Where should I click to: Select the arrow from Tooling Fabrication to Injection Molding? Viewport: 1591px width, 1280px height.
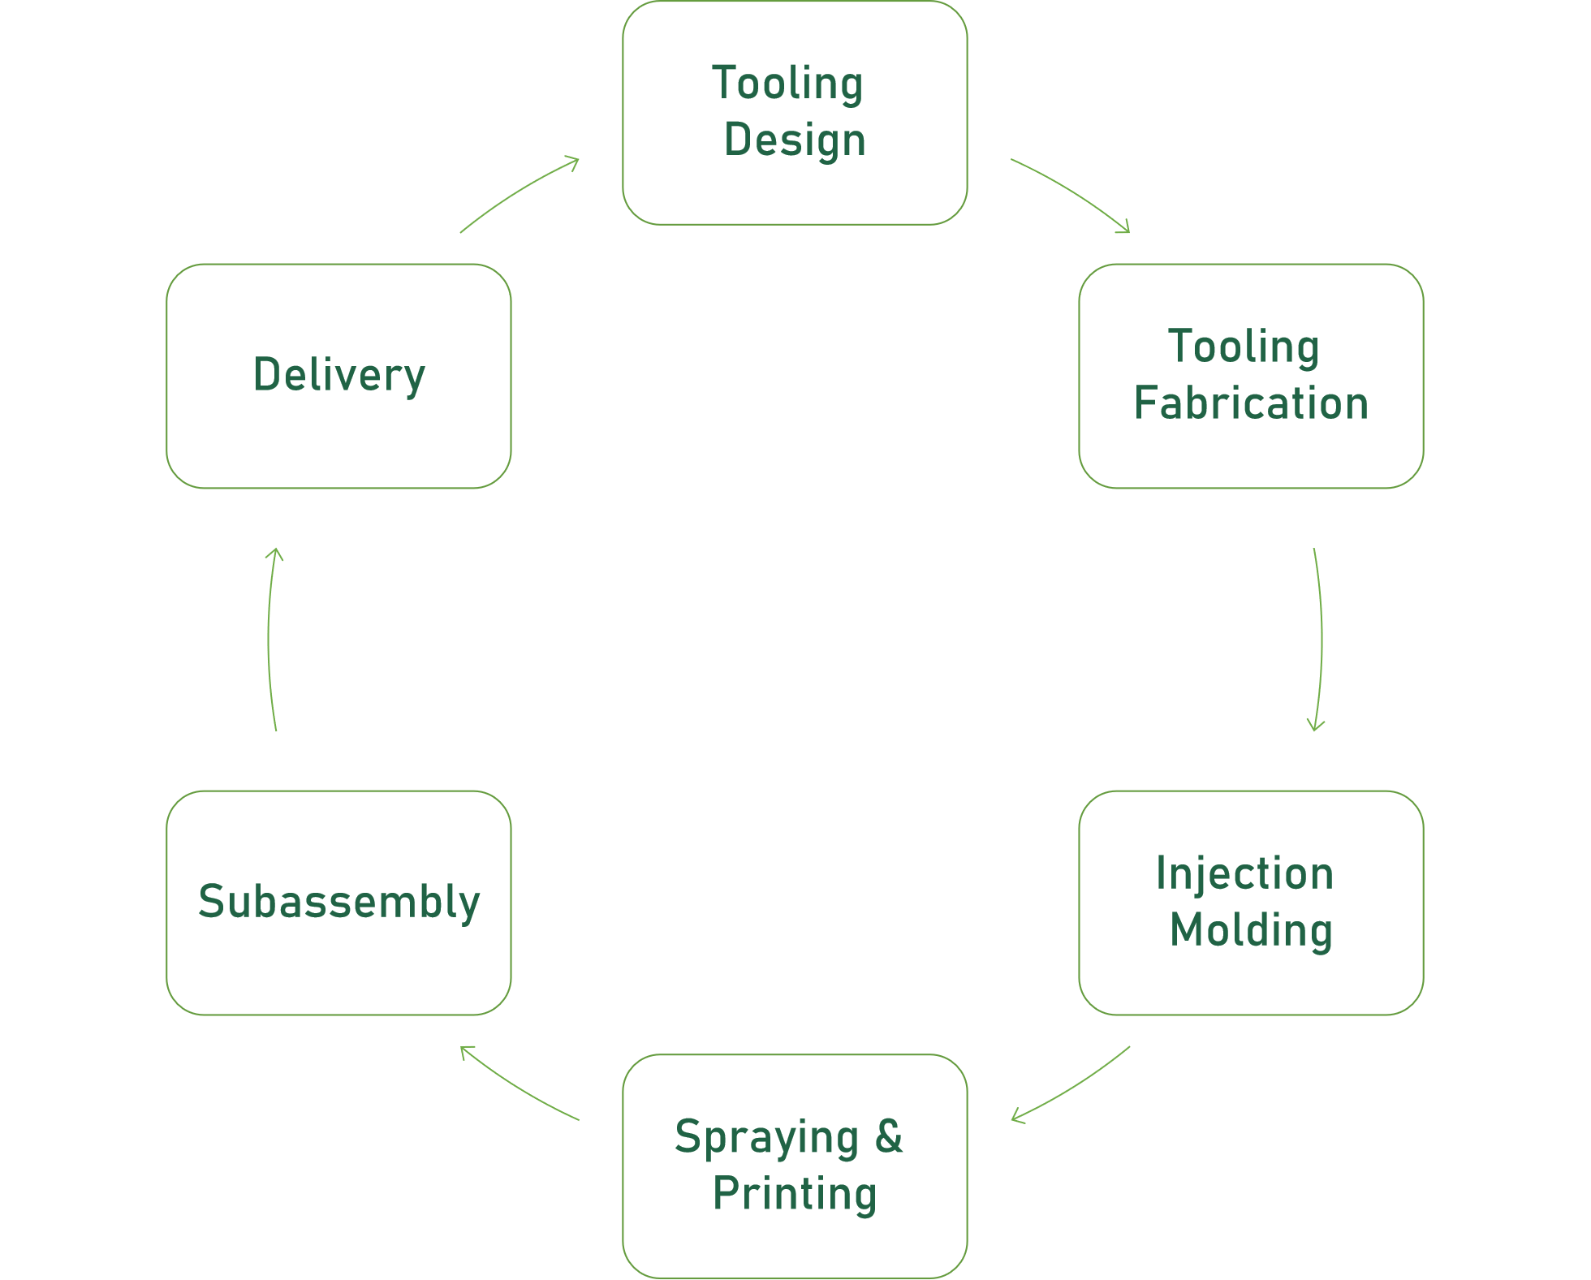(1321, 640)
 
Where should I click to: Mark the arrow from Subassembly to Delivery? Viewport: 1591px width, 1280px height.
(269, 640)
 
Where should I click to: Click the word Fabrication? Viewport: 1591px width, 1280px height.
(1251, 403)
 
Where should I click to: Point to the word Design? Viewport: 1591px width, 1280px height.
(795, 140)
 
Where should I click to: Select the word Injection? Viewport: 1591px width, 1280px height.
(1244, 874)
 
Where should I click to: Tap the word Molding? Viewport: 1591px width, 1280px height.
(1251, 930)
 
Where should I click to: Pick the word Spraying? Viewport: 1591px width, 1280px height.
(766, 1138)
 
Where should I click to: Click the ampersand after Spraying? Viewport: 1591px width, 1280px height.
(889, 1136)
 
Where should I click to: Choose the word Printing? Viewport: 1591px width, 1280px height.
(795, 1194)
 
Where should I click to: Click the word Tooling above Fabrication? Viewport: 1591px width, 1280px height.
(1244, 347)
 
